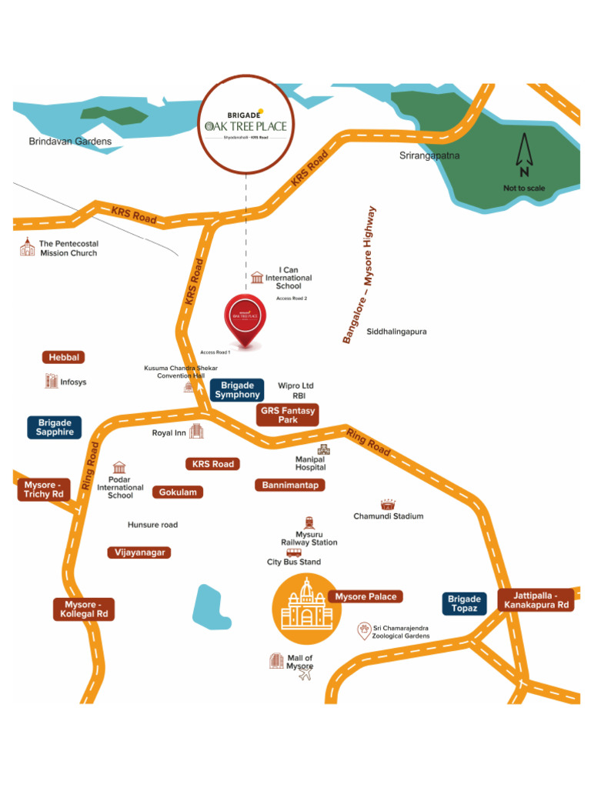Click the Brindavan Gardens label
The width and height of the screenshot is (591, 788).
click(x=70, y=142)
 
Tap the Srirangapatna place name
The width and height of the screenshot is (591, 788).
click(x=429, y=155)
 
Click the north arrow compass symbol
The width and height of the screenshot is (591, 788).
click(x=524, y=156)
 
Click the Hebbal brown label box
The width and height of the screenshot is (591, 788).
click(x=63, y=357)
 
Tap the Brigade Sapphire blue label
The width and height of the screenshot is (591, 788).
click(x=55, y=427)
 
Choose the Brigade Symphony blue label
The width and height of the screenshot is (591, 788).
click(x=237, y=390)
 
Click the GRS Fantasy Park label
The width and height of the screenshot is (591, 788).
click(x=288, y=416)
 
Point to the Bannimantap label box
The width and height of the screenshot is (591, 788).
click(x=290, y=485)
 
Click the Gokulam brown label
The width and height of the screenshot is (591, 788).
click(x=178, y=492)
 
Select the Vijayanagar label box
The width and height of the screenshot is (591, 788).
click(x=139, y=553)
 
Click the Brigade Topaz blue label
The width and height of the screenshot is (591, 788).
click(x=464, y=603)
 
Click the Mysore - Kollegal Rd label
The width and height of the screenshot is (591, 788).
click(x=85, y=609)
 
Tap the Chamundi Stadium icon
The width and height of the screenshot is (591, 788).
click(x=387, y=503)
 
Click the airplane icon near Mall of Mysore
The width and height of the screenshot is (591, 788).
click(x=306, y=676)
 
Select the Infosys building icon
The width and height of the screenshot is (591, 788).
click(x=51, y=381)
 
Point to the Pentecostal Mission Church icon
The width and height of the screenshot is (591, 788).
click(x=28, y=246)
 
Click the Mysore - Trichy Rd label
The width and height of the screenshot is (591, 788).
click(x=43, y=489)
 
